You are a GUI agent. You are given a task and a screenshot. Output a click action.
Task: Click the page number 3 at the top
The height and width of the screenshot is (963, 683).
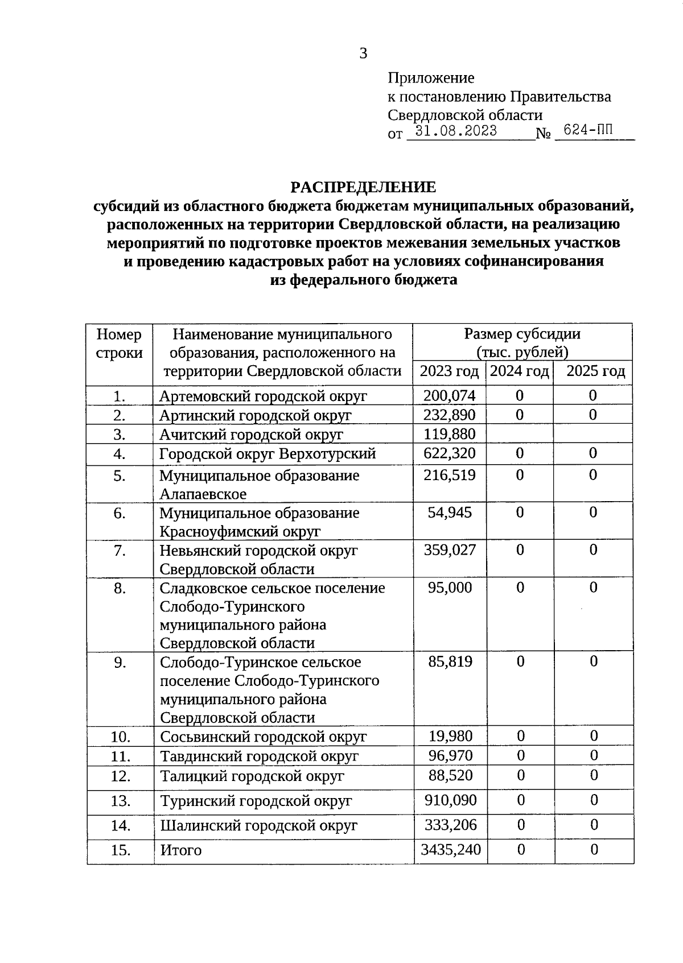(363, 53)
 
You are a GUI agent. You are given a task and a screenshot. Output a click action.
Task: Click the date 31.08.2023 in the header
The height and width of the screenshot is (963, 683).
(455, 131)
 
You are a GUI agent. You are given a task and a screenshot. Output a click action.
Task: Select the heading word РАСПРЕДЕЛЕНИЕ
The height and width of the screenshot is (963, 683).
(363, 187)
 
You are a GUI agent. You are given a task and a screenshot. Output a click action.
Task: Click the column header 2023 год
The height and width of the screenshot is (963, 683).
(449, 371)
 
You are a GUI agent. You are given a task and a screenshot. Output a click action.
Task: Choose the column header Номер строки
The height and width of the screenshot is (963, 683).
(119, 343)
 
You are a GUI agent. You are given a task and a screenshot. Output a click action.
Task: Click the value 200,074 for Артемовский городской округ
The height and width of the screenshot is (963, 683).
(449, 395)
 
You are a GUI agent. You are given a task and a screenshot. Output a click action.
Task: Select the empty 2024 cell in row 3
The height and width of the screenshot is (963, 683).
(519, 435)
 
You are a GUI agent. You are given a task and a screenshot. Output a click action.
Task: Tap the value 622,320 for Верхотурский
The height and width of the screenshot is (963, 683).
(449, 453)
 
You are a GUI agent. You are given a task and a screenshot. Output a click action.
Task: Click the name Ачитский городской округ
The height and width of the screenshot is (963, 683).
(251, 435)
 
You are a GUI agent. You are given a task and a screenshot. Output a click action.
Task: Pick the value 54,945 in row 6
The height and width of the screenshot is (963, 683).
(449, 513)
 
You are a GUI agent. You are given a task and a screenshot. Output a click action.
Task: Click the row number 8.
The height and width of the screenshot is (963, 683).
(119, 588)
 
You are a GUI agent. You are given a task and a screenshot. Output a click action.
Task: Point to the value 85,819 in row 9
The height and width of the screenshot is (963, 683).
(450, 662)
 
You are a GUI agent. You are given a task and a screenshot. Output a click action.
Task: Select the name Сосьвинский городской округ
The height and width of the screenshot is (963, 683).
(263, 737)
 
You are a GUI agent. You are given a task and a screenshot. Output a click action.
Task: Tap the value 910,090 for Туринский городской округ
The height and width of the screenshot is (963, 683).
(450, 800)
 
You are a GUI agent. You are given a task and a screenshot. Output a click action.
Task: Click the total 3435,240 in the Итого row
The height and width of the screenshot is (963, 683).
(450, 850)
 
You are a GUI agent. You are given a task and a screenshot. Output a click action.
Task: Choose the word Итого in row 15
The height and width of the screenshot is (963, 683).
(180, 850)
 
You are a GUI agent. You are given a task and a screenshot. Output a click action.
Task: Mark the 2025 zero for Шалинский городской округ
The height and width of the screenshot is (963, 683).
(594, 825)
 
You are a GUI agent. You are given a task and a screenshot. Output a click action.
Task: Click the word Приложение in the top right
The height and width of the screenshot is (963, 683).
(431, 77)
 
